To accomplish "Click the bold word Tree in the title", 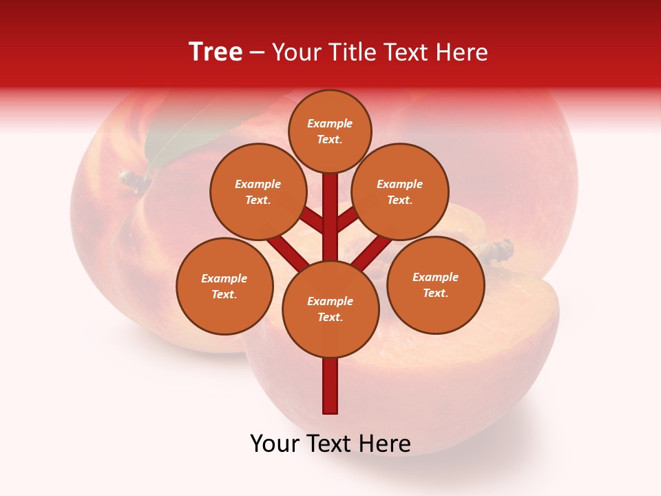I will tap(216, 52).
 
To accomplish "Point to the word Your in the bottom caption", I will tap(275, 444).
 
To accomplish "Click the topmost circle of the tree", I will tap(330, 131).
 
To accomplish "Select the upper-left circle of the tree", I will tap(258, 192).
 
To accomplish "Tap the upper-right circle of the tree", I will tap(400, 192).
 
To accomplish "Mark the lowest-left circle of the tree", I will tap(224, 286).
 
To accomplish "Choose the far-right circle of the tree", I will tap(436, 285).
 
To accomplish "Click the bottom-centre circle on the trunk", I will tap(330, 309).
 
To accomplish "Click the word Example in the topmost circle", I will tap(330, 123).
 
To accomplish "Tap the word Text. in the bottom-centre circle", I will tap(330, 318).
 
